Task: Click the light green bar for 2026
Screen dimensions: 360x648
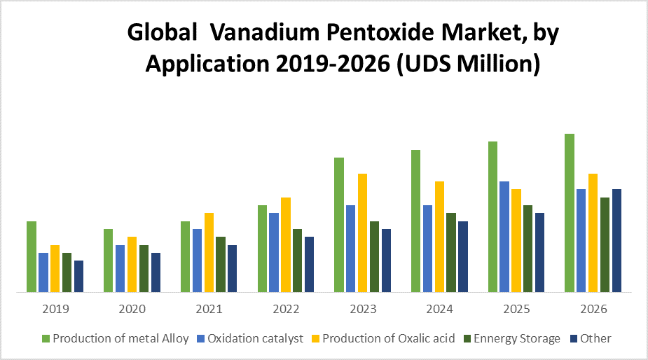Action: click(570, 213)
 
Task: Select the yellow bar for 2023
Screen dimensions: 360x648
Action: click(362, 233)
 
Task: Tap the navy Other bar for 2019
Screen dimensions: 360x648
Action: click(78, 276)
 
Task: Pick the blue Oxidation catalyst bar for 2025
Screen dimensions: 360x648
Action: click(504, 237)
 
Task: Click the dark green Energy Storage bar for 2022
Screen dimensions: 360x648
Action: click(297, 261)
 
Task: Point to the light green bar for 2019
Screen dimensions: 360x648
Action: click(32, 256)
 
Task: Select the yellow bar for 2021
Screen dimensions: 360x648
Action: click(209, 252)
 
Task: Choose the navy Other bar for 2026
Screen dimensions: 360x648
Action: click(616, 240)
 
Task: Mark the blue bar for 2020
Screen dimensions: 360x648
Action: click(120, 268)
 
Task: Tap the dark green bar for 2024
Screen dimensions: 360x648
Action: click(451, 252)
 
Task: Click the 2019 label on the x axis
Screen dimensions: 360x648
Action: click(55, 309)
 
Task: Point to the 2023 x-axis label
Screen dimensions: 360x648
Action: click(363, 309)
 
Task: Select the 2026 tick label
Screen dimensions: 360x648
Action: click(593, 309)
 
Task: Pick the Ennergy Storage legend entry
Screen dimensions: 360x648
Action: click(517, 339)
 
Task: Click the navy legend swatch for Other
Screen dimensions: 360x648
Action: click(572, 339)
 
